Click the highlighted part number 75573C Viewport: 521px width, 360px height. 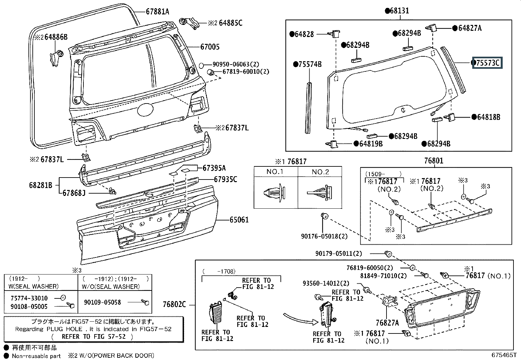click(x=488, y=63)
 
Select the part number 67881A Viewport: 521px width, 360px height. click(x=157, y=12)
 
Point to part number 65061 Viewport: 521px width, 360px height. click(x=239, y=220)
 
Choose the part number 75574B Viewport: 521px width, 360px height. click(x=310, y=64)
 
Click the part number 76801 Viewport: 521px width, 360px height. click(x=434, y=161)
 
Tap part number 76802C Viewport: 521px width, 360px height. click(x=174, y=305)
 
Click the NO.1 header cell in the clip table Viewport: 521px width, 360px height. click(x=275, y=172)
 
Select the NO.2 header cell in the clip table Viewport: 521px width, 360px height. click(x=320, y=172)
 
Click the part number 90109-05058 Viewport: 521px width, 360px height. click(x=102, y=302)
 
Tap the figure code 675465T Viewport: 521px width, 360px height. click(x=503, y=355)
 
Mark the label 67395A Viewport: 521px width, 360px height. click(x=214, y=168)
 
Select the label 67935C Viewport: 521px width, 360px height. click(x=225, y=179)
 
